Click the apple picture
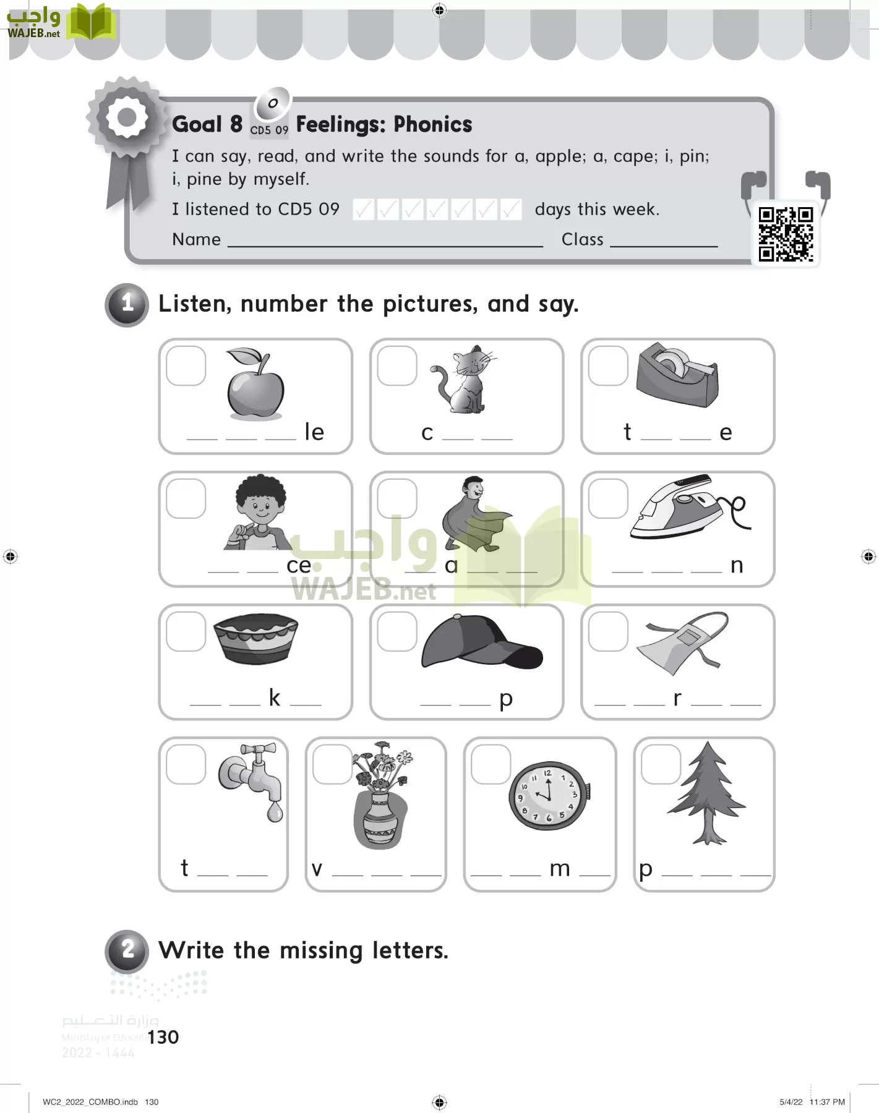coord(255,386)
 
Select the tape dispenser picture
coord(677,375)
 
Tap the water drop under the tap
coord(275,812)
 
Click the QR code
coord(786,234)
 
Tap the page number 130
coord(163,1038)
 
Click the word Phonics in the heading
coord(432,125)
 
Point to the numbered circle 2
coord(127,950)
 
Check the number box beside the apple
coord(186,366)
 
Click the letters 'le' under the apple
coord(314,432)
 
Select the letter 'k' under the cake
coord(275,698)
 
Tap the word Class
coord(582,239)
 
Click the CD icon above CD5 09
coord(272,104)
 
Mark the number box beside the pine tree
coord(661,764)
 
